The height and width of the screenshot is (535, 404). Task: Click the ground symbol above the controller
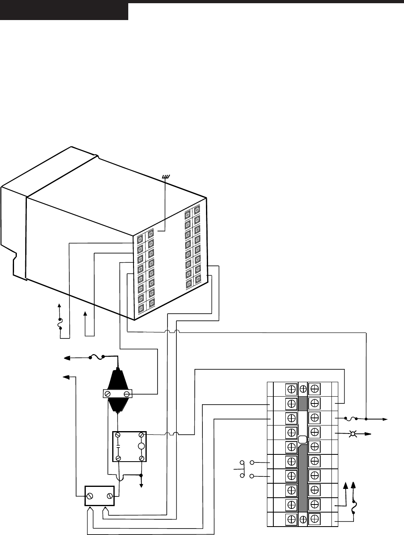tap(165, 176)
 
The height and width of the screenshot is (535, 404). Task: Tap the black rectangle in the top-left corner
tap(64, 10)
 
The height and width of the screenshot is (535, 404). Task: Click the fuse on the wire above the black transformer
tap(96, 356)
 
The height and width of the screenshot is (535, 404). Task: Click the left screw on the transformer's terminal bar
tap(107, 394)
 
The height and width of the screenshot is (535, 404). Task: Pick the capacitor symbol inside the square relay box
tap(118, 446)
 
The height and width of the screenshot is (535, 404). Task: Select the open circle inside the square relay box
tap(141, 446)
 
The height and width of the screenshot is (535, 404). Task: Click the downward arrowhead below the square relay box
tap(141, 485)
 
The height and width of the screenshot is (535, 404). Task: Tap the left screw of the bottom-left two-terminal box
tap(91, 496)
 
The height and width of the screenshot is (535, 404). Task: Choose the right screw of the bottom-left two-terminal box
tap(109, 496)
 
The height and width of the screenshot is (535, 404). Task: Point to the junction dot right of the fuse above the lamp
tap(366, 419)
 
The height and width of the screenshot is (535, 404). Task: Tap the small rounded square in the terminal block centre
tap(303, 439)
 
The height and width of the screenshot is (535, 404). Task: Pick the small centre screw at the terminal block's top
tap(303, 388)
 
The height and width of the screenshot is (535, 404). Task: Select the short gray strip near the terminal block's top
tap(303, 403)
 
